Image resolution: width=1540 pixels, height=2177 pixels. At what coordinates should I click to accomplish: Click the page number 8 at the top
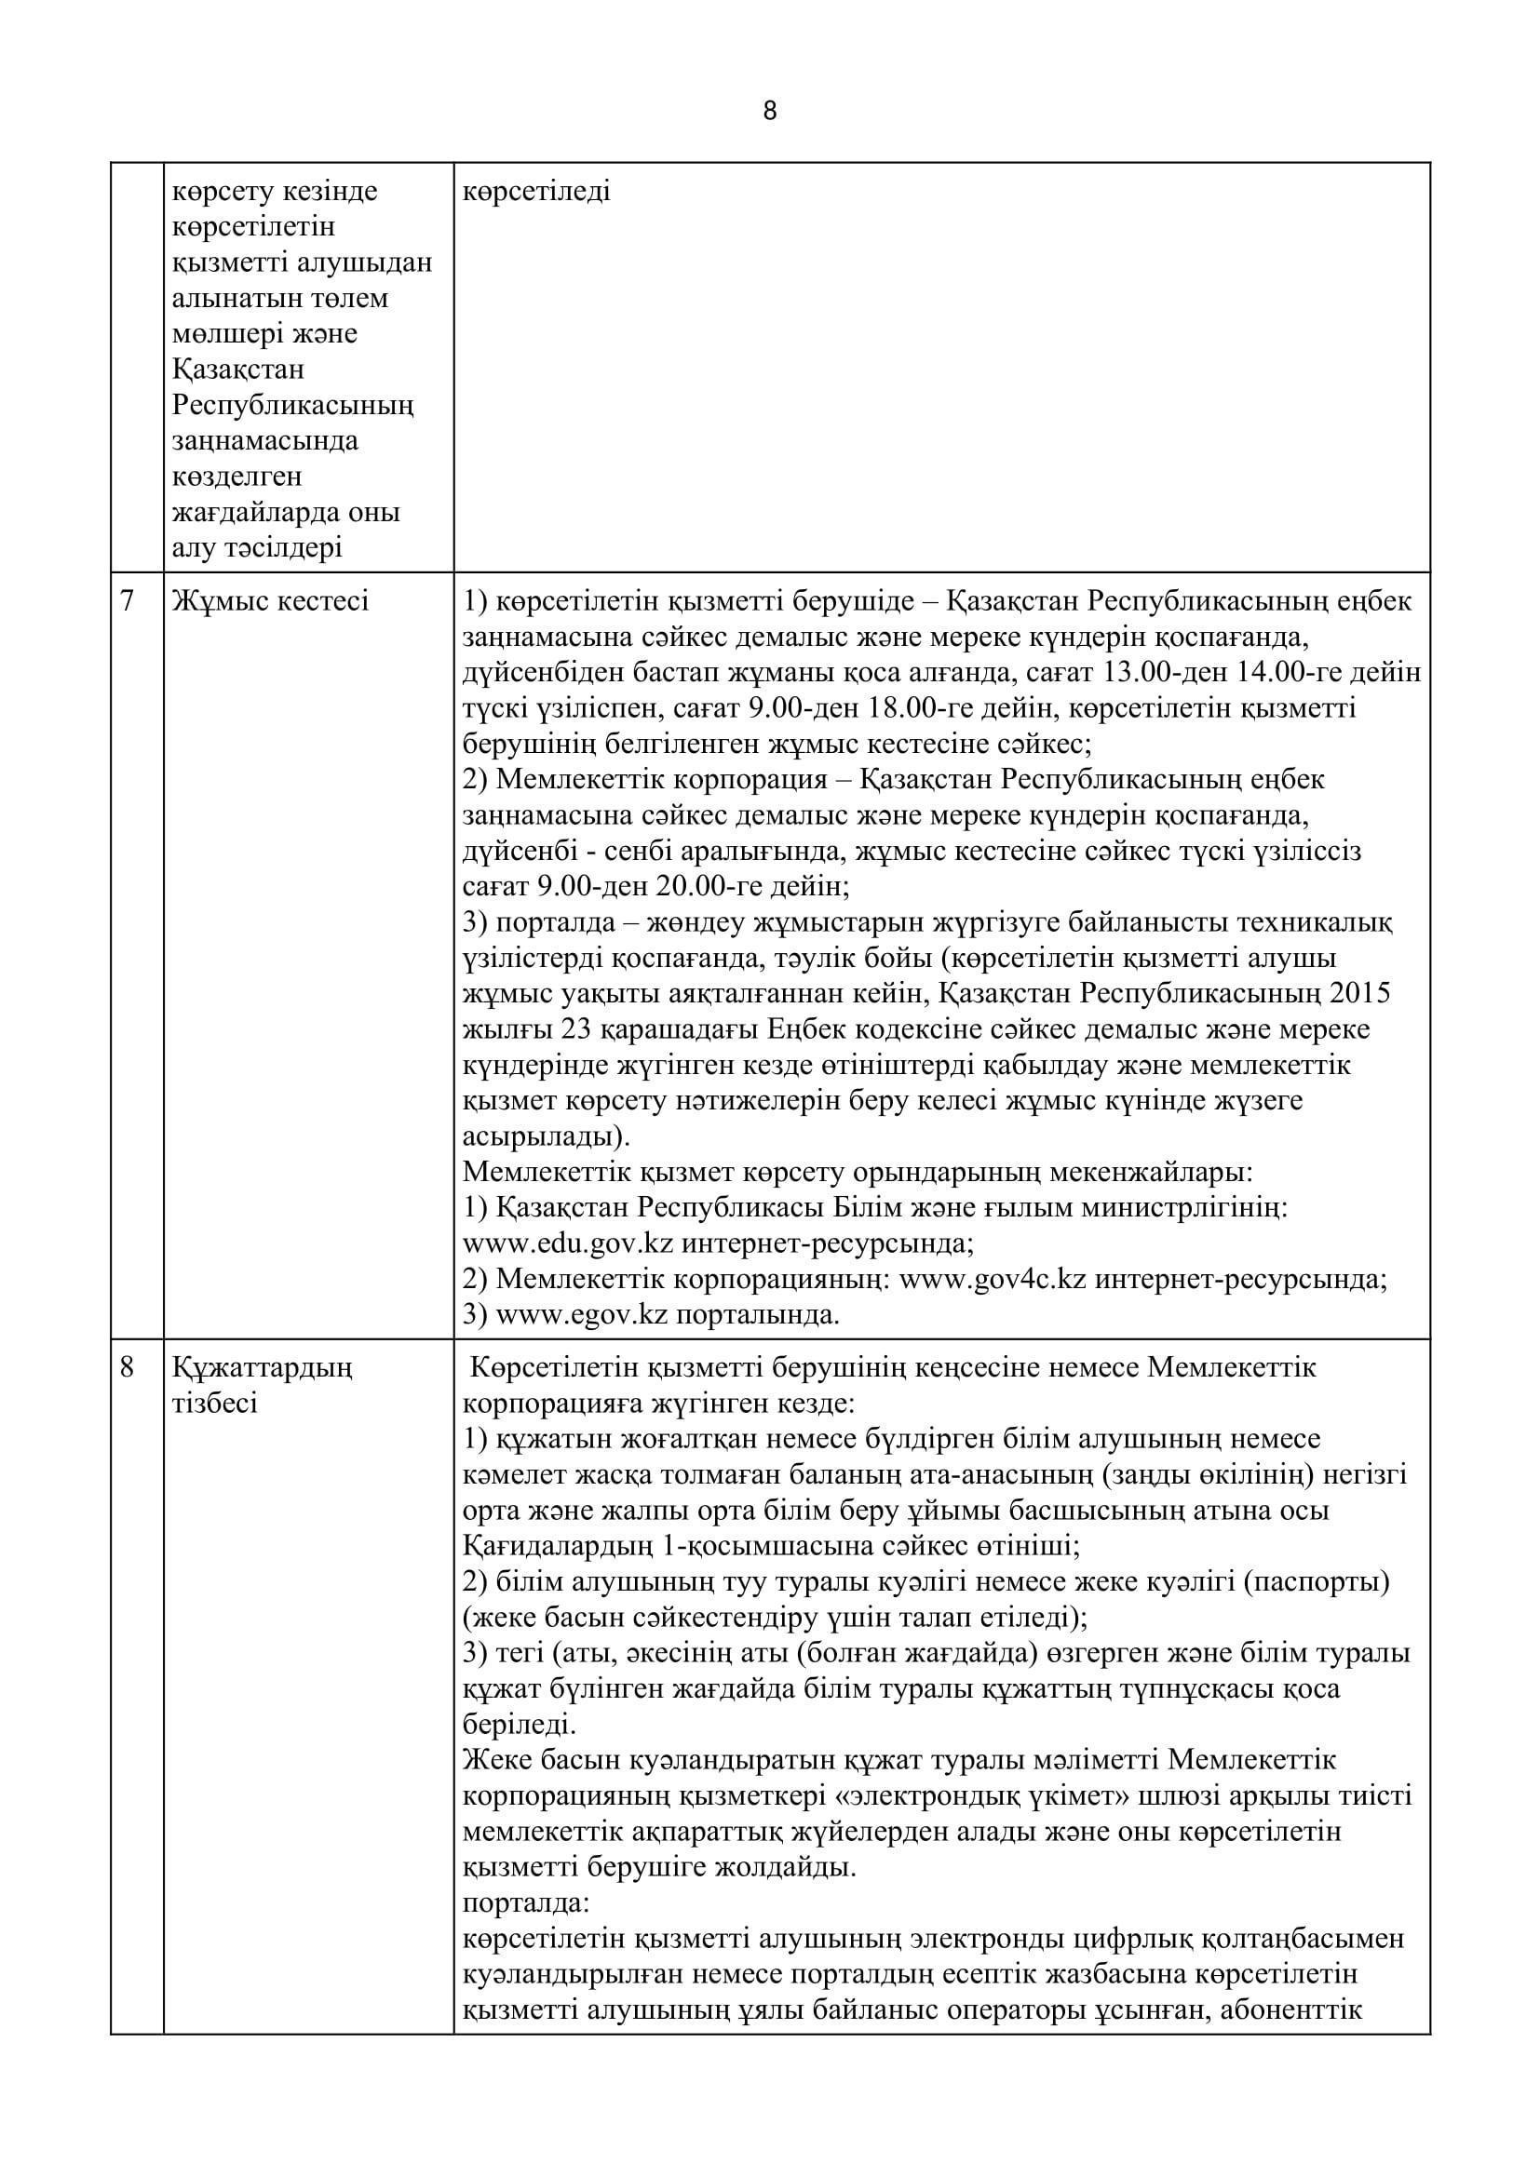[x=769, y=112]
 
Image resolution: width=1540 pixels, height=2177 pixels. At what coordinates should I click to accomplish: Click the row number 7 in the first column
[x=128, y=601]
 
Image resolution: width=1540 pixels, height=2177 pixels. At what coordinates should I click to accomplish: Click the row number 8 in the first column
[x=128, y=1367]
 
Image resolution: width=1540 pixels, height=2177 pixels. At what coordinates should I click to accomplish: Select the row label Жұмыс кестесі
[x=270, y=601]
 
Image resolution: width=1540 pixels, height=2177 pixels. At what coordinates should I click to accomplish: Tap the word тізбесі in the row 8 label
[x=214, y=1404]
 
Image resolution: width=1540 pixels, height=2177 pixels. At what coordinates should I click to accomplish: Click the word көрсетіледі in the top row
[x=536, y=192]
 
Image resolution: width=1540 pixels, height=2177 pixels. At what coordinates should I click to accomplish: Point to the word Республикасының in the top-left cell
[x=293, y=405]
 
